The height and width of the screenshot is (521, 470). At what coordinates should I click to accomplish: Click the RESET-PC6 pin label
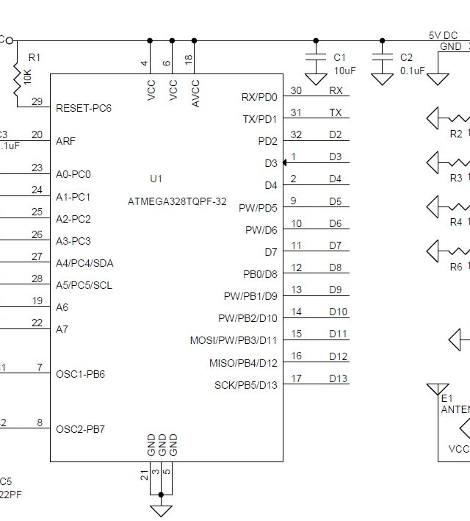[84, 108]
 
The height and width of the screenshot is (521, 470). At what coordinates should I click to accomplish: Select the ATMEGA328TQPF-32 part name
[177, 201]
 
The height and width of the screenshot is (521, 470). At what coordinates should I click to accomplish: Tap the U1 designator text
[156, 179]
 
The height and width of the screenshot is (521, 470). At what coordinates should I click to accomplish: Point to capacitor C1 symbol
[317, 58]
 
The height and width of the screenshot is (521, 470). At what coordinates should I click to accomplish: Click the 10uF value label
[344, 71]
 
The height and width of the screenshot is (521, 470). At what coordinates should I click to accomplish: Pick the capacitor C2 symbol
[382, 58]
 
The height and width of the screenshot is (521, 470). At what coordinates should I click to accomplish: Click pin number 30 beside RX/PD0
[296, 90]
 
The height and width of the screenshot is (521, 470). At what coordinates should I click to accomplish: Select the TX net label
[335, 112]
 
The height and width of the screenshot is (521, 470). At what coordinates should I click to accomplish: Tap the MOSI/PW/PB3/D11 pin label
[234, 340]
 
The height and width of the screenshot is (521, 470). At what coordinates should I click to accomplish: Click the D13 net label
[338, 378]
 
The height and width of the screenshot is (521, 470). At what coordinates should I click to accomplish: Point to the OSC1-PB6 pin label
[80, 374]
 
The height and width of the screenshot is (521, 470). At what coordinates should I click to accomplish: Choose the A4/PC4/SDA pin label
[84, 263]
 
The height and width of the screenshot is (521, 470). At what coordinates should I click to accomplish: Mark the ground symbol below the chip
[161, 510]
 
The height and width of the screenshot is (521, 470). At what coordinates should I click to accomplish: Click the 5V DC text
[444, 35]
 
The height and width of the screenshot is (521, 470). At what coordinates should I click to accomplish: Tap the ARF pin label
[65, 141]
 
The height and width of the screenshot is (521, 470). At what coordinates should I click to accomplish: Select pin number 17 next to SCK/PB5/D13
[296, 378]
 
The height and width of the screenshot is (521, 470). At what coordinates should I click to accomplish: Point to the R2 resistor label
[456, 134]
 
